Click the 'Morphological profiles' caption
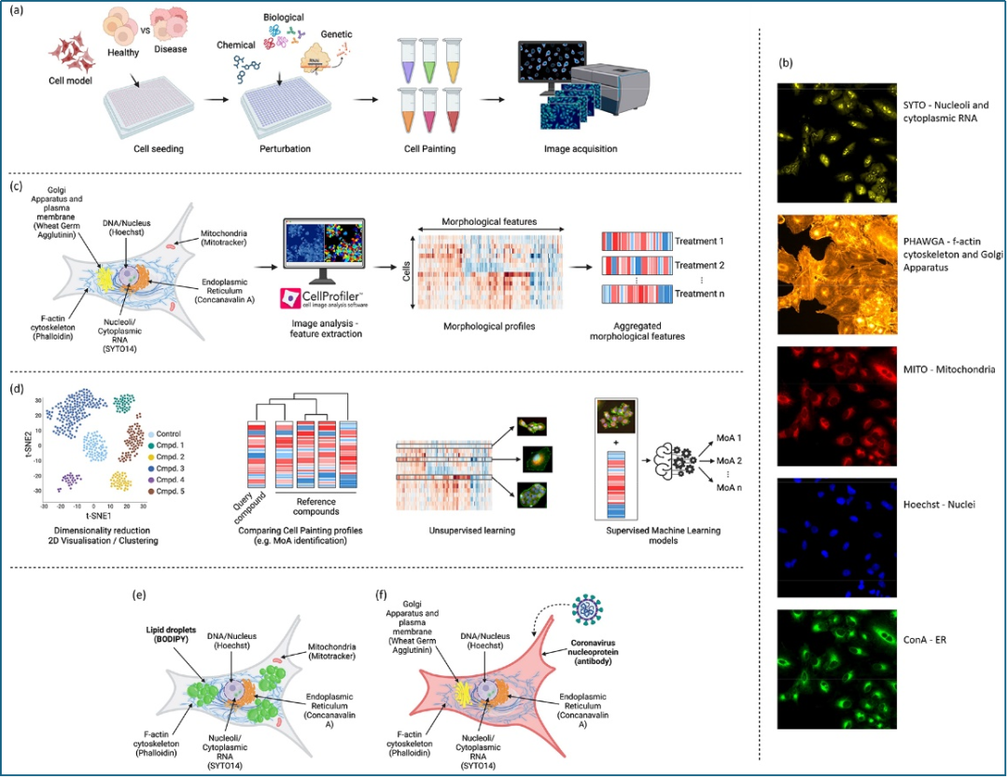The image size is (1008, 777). pyautogui.click(x=484, y=329)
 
